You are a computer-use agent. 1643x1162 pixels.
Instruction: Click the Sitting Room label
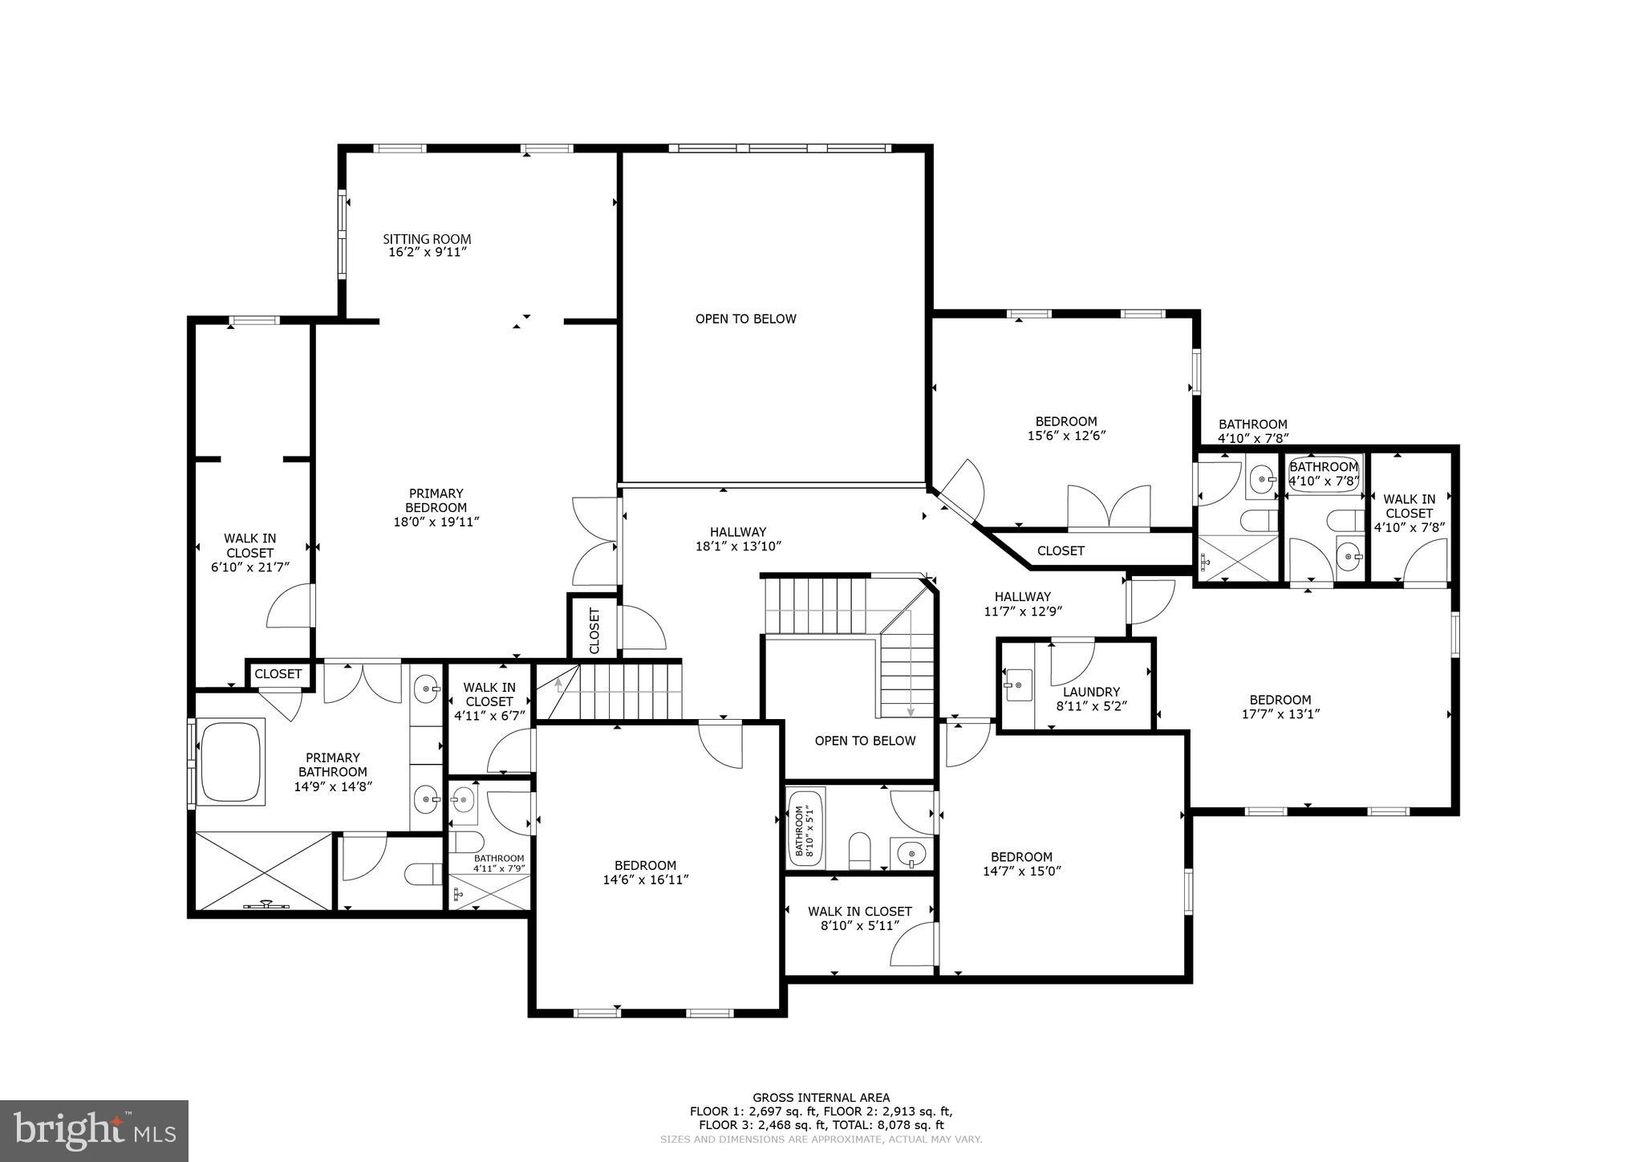(x=426, y=239)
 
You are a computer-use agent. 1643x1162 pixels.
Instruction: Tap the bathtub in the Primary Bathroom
(x=231, y=762)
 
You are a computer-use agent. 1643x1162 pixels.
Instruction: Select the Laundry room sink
(x=1017, y=685)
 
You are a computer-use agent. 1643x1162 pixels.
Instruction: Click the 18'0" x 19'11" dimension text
(x=436, y=522)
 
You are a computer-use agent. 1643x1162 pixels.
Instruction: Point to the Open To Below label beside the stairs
(x=864, y=741)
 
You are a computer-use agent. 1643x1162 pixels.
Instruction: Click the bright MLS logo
(x=94, y=1131)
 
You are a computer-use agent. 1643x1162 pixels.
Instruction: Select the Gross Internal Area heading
(x=821, y=1098)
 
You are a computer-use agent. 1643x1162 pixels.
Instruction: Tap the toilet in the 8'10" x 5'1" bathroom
(x=859, y=851)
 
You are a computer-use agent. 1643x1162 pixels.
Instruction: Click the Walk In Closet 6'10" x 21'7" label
(x=249, y=552)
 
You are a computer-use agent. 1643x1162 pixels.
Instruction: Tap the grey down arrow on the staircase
(x=911, y=711)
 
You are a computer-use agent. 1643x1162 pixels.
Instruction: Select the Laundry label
(x=1091, y=692)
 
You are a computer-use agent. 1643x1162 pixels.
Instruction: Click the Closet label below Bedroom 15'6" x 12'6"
(x=1061, y=551)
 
